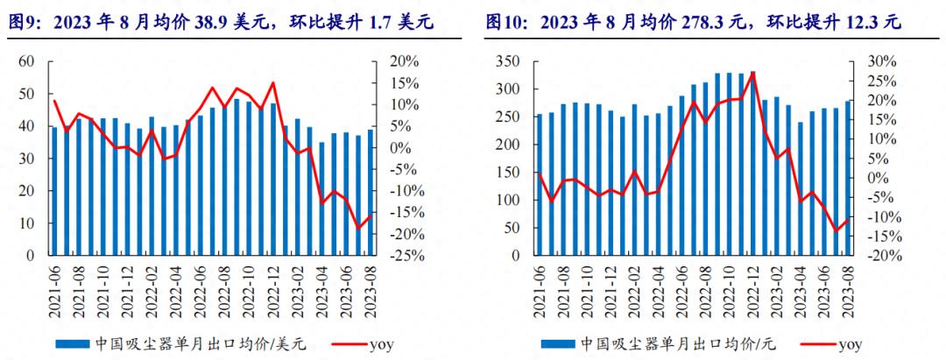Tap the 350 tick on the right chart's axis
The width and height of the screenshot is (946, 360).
510,61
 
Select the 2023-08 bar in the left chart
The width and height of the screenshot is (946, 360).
370,193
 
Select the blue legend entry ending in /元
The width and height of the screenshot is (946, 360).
657,343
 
